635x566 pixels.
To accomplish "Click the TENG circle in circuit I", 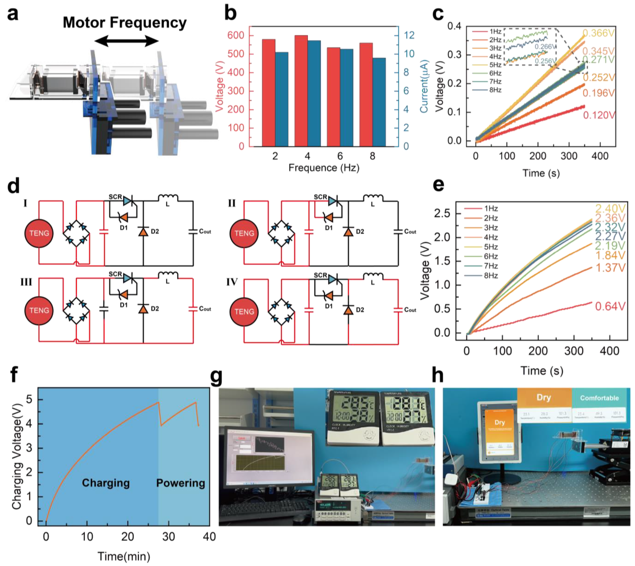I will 39,233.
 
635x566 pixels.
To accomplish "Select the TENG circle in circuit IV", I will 244,312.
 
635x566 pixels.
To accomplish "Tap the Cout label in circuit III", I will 205,309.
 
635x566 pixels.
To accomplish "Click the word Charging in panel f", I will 106,483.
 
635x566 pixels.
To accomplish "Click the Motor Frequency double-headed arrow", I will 127,41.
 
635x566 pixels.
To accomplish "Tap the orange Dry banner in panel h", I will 544,398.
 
